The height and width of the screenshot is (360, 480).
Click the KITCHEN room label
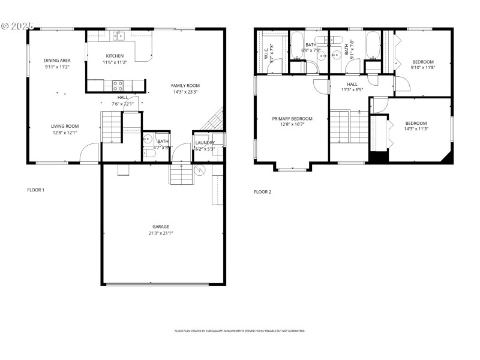(x=115, y=56)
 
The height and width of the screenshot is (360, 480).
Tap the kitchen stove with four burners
(x=118, y=85)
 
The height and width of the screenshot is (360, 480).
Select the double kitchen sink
(x=120, y=36)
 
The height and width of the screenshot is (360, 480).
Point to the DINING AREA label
(x=58, y=61)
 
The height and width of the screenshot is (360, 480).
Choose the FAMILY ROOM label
(x=185, y=86)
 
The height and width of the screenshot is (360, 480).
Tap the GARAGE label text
(x=160, y=227)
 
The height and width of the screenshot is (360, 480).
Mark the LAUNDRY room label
(x=205, y=142)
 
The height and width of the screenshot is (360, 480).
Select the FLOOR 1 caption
(x=35, y=190)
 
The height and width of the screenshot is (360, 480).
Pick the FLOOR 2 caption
(x=262, y=192)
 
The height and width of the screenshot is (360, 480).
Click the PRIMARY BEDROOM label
(x=292, y=119)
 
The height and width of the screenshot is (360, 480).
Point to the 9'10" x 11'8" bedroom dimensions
(x=422, y=68)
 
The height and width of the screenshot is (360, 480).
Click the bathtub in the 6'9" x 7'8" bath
(x=298, y=43)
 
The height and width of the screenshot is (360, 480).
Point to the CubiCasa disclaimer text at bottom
(x=239, y=331)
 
